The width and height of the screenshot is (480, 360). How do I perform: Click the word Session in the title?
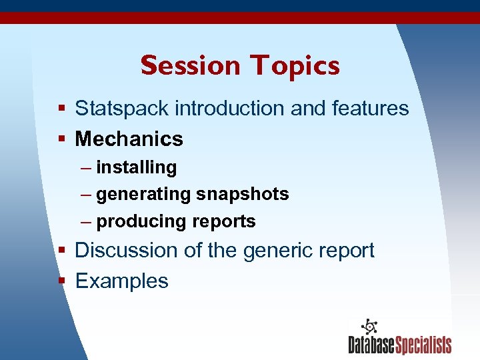(x=190, y=65)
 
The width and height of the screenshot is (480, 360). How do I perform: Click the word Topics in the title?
(x=295, y=65)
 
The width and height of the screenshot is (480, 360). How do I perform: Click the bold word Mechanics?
(x=129, y=139)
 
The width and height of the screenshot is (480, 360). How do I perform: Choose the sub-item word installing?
(x=137, y=167)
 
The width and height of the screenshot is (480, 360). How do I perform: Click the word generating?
(x=143, y=195)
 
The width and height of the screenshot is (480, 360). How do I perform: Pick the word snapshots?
(x=242, y=195)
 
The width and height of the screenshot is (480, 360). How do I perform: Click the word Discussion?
(x=125, y=250)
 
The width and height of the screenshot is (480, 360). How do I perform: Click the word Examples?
(x=121, y=281)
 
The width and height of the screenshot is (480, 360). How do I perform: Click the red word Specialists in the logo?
(x=423, y=345)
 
